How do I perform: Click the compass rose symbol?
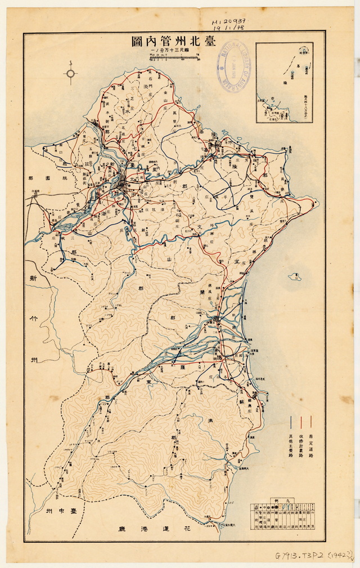coord(71,73)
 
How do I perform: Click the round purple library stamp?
coord(233,70)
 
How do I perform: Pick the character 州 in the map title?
coord(175,42)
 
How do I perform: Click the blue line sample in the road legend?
coord(291,422)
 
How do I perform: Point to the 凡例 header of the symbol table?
coord(282,500)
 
